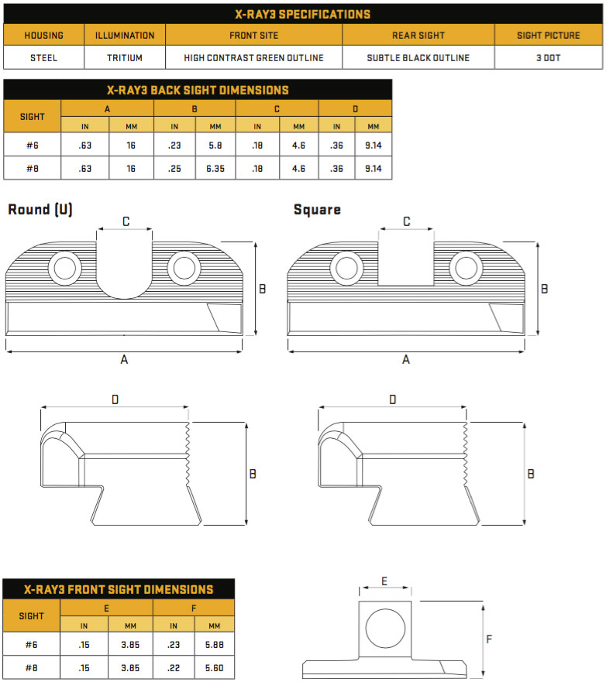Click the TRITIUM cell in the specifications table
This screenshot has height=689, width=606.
tap(125, 57)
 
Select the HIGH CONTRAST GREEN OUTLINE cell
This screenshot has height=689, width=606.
tap(253, 57)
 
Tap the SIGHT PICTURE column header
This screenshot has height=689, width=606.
tap(549, 35)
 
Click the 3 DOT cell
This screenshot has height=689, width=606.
tap(549, 57)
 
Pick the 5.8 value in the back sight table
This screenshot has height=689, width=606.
tap(215, 145)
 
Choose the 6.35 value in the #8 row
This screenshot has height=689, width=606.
tap(215, 168)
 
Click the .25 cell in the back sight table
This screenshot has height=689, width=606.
tap(174, 168)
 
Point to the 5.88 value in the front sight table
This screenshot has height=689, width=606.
tap(214, 645)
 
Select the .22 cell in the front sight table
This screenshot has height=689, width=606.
tap(174, 668)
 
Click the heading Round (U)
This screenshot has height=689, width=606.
tap(40, 209)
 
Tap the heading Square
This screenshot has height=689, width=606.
tap(317, 210)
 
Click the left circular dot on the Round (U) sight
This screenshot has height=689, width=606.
tap(64, 268)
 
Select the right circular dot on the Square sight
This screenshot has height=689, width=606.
tap(467, 268)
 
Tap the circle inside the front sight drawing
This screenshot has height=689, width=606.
tap(385, 628)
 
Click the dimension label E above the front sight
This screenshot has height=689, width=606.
tap(384, 581)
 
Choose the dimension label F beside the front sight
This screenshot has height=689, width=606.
tap(489, 639)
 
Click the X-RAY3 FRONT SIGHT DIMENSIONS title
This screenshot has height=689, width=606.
tap(119, 589)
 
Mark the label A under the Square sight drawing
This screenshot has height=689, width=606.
tap(406, 359)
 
